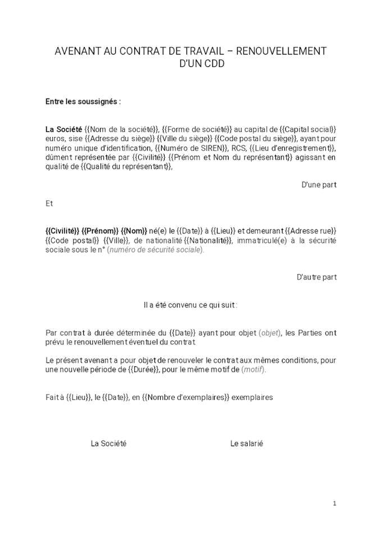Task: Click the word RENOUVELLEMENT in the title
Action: click(x=281, y=51)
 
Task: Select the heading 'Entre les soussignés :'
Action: click(x=83, y=102)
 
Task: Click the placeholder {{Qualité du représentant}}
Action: click(x=126, y=166)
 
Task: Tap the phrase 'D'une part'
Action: click(x=319, y=184)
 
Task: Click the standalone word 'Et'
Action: click(x=49, y=203)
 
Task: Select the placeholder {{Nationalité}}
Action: click(x=208, y=240)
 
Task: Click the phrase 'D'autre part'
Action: click(x=316, y=277)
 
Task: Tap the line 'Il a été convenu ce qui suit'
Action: click(x=190, y=305)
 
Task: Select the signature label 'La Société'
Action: click(x=108, y=443)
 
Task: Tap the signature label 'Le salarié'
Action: click(x=247, y=443)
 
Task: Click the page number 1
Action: click(x=334, y=503)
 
